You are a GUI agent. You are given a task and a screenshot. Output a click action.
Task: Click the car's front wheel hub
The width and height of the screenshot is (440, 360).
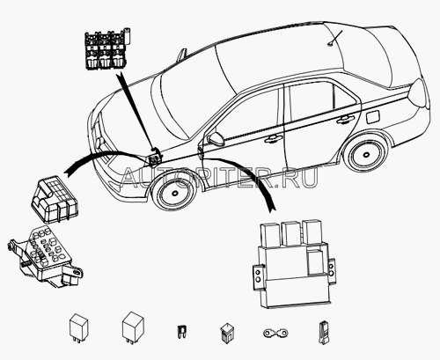pyautogui.click(x=175, y=194)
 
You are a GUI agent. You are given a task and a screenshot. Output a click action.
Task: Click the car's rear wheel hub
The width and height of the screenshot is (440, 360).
pyautogui.click(x=365, y=154)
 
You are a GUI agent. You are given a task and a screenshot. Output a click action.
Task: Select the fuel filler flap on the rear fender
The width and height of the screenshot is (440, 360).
pyautogui.click(x=373, y=117)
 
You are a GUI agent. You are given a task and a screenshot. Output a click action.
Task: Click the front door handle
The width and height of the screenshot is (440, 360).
pyautogui.click(x=274, y=139)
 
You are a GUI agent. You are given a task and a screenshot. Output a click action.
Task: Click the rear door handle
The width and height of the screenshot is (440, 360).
pyautogui.click(x=346, y=120)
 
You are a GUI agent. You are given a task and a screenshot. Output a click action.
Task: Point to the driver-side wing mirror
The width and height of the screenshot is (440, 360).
pyautogui.click(x=216, y=138)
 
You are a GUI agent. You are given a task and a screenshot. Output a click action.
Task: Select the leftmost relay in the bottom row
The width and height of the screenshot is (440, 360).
pyautogui.click(x=78, y=327)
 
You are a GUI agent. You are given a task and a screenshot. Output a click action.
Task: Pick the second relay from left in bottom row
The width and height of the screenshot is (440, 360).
pyautogui.click(x=133, y=327)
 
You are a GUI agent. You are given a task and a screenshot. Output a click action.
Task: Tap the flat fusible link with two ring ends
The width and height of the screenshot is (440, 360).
pyautogui.click(x=275, y=333)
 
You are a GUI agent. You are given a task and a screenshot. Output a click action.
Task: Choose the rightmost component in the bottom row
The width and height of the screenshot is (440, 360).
pyautogui.click(x=323, y=333)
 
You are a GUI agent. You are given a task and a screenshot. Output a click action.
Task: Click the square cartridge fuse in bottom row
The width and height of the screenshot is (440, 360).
pyautogui.click(x=226, y=333)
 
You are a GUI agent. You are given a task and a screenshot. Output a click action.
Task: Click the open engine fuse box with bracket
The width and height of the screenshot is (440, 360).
pyautogui.click(x=45, y=256)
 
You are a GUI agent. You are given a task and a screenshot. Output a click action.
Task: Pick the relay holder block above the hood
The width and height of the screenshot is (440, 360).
pyautogui.click(x=107, y=49)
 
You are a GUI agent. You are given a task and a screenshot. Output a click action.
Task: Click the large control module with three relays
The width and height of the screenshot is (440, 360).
pyautogui.click(x=293, y=263)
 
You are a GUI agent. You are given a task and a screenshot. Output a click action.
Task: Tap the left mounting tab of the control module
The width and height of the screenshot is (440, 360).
pyautogui.click(x=259, y=277)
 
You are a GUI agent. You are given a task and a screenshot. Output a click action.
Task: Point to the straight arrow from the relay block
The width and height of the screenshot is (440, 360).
pyautogui.click(x=138, y=114)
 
